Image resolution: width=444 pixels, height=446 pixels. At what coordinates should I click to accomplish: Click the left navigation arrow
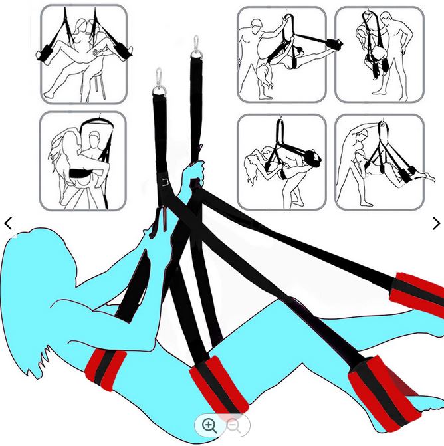9,224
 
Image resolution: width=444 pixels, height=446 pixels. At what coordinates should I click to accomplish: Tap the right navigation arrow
436,224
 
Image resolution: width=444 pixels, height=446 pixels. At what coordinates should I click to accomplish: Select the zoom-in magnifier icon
209,425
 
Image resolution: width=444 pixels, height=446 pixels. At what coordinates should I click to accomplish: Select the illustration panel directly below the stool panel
82,160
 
